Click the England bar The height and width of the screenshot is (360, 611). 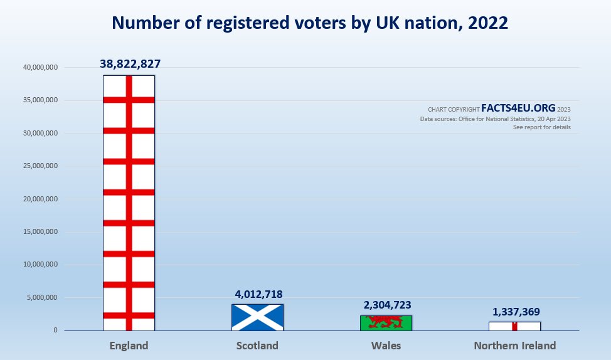coord(129,203)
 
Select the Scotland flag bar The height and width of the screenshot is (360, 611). coord(257,317)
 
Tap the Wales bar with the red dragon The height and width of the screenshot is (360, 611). coord(386,323)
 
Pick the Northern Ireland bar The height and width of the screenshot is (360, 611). coord(514,326)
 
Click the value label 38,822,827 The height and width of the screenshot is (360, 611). coord(130,63)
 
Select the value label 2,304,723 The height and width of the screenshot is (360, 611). coord(386,305)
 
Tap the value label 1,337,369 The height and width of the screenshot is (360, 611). coord(514,312)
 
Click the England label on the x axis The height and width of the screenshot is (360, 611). coord(129,346)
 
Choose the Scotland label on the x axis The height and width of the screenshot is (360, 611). coord(257,346)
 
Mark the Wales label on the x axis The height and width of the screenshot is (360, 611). coord(386,346)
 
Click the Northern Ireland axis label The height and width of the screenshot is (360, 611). coord(514,346)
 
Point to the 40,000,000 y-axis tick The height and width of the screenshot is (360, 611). coord(41,68)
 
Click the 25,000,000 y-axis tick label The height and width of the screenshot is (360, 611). coord(41,166)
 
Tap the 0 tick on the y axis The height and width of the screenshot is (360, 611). coord(56,331)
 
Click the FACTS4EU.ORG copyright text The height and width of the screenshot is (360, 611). coord(518,108)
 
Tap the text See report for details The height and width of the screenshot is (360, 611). coord(541,127)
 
